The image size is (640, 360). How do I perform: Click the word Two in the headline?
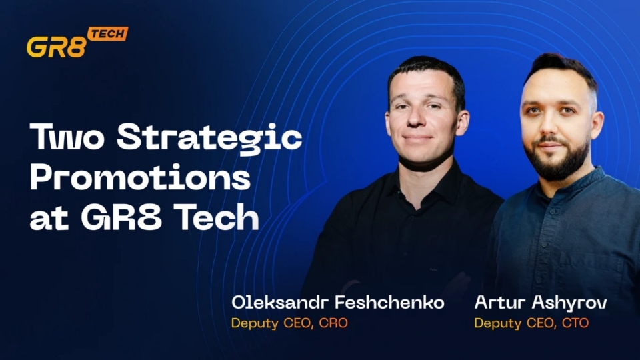click(67, 139)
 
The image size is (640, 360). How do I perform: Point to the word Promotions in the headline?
click(141, 179)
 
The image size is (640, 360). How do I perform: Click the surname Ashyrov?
click(570, 303)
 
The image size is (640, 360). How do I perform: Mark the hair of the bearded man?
click(560, 67)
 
